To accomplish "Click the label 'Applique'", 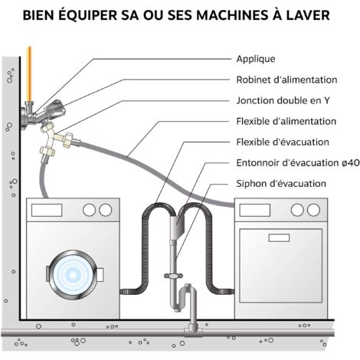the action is pos(256,59).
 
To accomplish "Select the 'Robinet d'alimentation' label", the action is pos(286,80).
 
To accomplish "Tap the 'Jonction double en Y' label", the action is pos(283,100).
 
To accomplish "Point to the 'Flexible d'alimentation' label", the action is pos(286,121).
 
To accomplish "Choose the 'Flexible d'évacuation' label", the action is pos(283,142).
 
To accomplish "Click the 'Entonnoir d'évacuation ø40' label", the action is pos(298,162).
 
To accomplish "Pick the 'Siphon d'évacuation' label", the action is pos(281,184).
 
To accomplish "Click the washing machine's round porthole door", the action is pos(73,275).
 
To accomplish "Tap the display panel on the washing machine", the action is pos(47,210).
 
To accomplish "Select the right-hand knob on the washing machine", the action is pos(106,210).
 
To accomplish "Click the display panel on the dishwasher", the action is pos(255,210).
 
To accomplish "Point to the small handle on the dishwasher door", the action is pos(279,237).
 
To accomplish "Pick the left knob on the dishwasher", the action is pos(297,210).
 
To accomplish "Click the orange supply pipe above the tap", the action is pos(29,74).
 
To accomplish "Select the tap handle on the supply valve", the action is pos(56,108).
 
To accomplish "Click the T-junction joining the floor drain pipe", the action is pos(193,331).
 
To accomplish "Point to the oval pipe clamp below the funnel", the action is pos(173,276).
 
